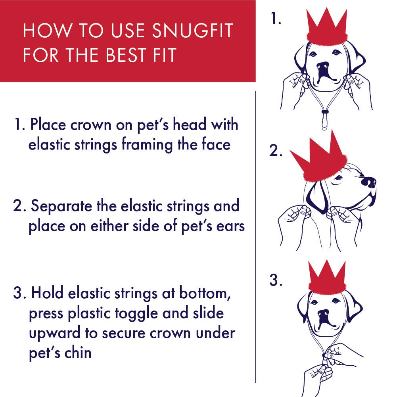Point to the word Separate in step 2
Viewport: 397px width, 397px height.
point(61,206)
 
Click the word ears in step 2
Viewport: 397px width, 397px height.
point(230,226)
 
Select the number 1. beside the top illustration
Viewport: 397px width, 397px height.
point(276,19)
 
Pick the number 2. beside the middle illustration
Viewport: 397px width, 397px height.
point(276,151)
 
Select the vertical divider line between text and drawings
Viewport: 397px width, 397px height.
point(256,238)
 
